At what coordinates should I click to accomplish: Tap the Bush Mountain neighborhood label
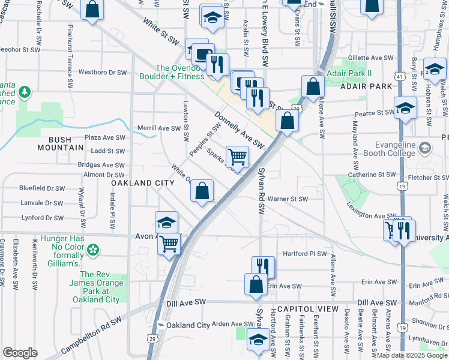60,143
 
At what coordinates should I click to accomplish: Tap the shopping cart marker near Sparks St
238,157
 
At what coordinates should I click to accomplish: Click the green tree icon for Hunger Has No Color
93,249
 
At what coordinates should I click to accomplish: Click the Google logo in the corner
20,353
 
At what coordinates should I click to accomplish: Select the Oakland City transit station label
187,325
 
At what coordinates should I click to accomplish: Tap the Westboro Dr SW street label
102,73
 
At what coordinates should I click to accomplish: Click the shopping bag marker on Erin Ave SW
256,284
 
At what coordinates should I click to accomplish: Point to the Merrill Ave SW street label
158,128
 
